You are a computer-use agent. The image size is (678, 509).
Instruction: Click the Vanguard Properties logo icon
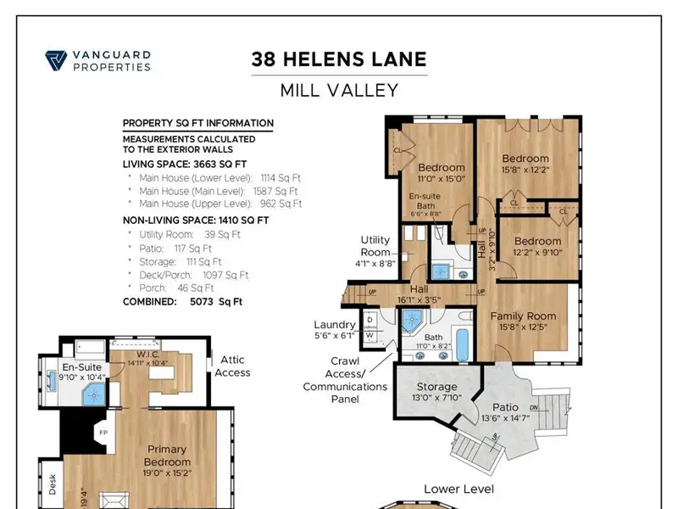56,60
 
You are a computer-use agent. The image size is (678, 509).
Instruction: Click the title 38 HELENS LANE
339,59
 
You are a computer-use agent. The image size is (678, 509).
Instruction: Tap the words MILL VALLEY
339,91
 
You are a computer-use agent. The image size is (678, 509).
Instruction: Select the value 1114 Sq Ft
281,178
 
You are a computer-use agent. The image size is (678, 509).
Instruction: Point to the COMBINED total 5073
202,301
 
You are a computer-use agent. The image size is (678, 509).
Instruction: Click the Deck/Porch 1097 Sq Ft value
225,275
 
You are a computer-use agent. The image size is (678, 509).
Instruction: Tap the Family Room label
523,316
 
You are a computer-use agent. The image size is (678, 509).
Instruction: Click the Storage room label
436,387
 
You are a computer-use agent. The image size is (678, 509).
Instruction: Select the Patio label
505,407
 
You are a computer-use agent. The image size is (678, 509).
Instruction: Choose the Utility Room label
375,246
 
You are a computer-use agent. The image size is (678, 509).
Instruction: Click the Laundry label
335,325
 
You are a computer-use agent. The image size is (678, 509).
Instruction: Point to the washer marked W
370,335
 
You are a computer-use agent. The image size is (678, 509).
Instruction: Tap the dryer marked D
370,320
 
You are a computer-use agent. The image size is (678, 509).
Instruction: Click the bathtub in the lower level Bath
462,345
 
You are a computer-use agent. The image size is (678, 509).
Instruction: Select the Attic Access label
232,366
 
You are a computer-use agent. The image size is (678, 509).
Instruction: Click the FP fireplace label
103,433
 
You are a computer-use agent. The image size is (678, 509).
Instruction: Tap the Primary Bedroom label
167,456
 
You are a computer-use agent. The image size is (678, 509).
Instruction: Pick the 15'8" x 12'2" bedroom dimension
525,170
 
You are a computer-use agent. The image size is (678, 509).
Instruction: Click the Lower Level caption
458,489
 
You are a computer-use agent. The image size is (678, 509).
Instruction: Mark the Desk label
53,484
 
